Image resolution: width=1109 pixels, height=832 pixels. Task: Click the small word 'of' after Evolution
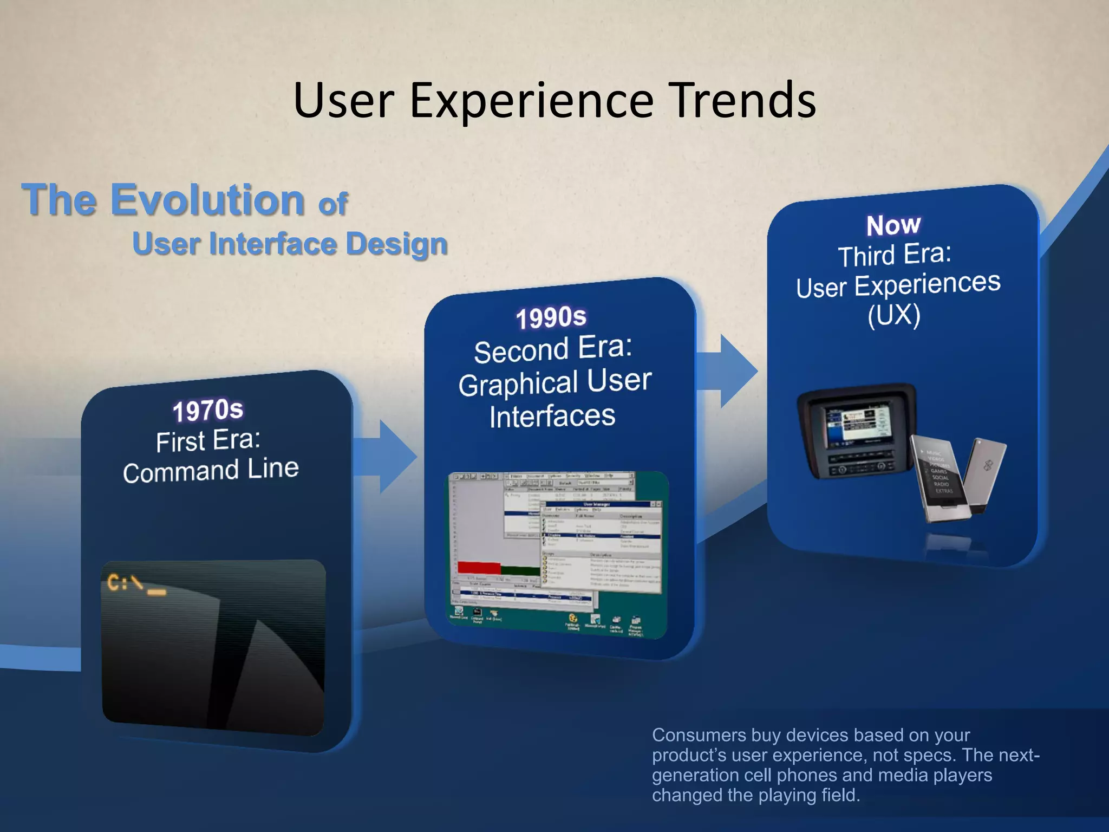coord(332,204)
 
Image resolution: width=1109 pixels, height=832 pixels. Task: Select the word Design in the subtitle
coord(396,244)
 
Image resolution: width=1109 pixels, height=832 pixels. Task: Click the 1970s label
coord(208,410)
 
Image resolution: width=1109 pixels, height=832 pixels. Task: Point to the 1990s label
coord(551,317)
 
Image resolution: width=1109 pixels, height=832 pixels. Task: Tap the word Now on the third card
coord(893,225)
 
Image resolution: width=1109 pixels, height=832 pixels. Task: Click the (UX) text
coord(893,315)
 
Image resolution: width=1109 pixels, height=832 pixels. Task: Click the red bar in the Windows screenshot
coord(479,567)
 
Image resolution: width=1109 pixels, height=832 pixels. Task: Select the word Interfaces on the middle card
coord(552,417)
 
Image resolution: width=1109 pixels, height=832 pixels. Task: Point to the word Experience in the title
coord(532,100)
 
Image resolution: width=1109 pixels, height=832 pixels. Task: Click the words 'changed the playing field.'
coord(755,795)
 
